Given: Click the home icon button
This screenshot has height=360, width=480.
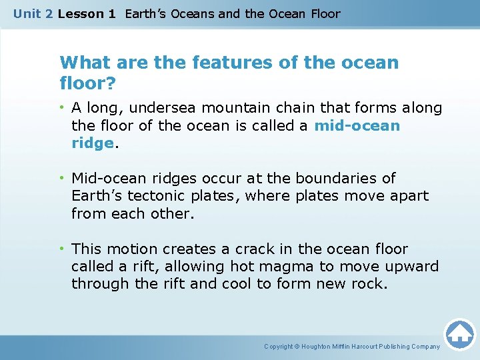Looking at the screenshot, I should coord(459,334).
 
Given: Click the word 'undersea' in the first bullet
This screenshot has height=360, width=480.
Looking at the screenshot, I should coord(157,108).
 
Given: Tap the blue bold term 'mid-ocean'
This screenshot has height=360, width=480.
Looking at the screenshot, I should coord(357,125).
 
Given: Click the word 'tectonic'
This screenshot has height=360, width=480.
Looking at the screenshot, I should coord(155,196).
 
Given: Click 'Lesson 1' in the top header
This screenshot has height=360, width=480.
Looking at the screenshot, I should coord(87,13).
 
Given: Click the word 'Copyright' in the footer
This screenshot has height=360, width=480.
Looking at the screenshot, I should coord(279,347).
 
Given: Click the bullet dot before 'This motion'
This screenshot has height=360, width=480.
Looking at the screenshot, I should coord(64,249).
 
